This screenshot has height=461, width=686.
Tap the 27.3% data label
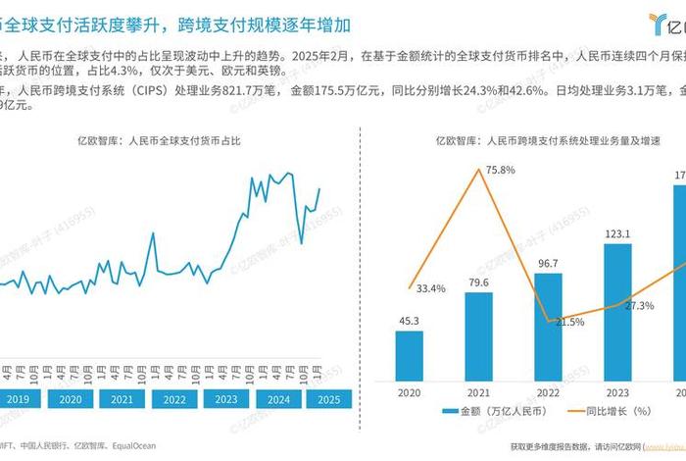point(638,305)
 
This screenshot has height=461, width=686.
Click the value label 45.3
point(410,319)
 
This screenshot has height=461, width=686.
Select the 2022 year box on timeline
point(173,399)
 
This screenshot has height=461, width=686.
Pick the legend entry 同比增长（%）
point(609,412)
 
